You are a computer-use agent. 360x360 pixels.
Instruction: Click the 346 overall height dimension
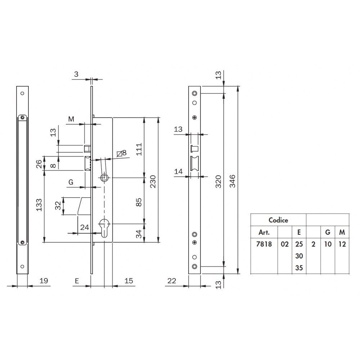pyautogui.click(x=233, y=181)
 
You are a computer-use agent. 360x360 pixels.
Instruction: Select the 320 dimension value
pyautogui.click(x=218, y=181)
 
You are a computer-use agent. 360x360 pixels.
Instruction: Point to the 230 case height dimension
pyautogui.click(x=153, y=181)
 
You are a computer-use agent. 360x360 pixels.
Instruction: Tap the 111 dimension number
pyautogui.click(x=139, y=149)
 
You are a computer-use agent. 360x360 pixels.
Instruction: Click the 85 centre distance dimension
pyautogui.click(x=139, y=202)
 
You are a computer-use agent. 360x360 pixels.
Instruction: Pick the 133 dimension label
pyautogui.click(x=39, y=205)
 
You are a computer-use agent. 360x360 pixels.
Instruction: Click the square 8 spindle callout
pyautogui.click(x=122, y=153)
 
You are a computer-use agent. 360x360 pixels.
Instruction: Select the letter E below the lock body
pyautogui.click(x=77, y=281)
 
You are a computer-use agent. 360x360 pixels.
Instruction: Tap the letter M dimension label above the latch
pyautogui.click(x=71, y=119)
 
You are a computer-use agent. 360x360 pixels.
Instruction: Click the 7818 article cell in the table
pyautogui.click(x=264, y=244)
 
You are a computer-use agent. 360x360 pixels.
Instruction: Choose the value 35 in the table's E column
pyautogui.click(x=299, y=268)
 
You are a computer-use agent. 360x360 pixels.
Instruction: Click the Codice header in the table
pyautogui.click(x=278, y=220)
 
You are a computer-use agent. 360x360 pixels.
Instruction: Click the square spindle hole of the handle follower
pyautogui.click(x=104, y=177)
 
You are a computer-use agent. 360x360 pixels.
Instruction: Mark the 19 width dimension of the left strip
pyautogui.click(x=44, y=280)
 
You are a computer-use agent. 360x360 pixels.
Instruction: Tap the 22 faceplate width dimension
pyautogui.click(x=172, y=280)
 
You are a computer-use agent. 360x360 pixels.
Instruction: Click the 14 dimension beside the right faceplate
pyautogui.click(x=179, y=171)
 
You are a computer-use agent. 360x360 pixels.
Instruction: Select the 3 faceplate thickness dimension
pyautogui.click(x=76, y=74)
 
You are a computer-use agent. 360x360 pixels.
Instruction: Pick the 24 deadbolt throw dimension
pyautogui.click(x=85, y=227)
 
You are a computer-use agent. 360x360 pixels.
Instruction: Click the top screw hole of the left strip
pyautogui.click(x=22, y=93)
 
